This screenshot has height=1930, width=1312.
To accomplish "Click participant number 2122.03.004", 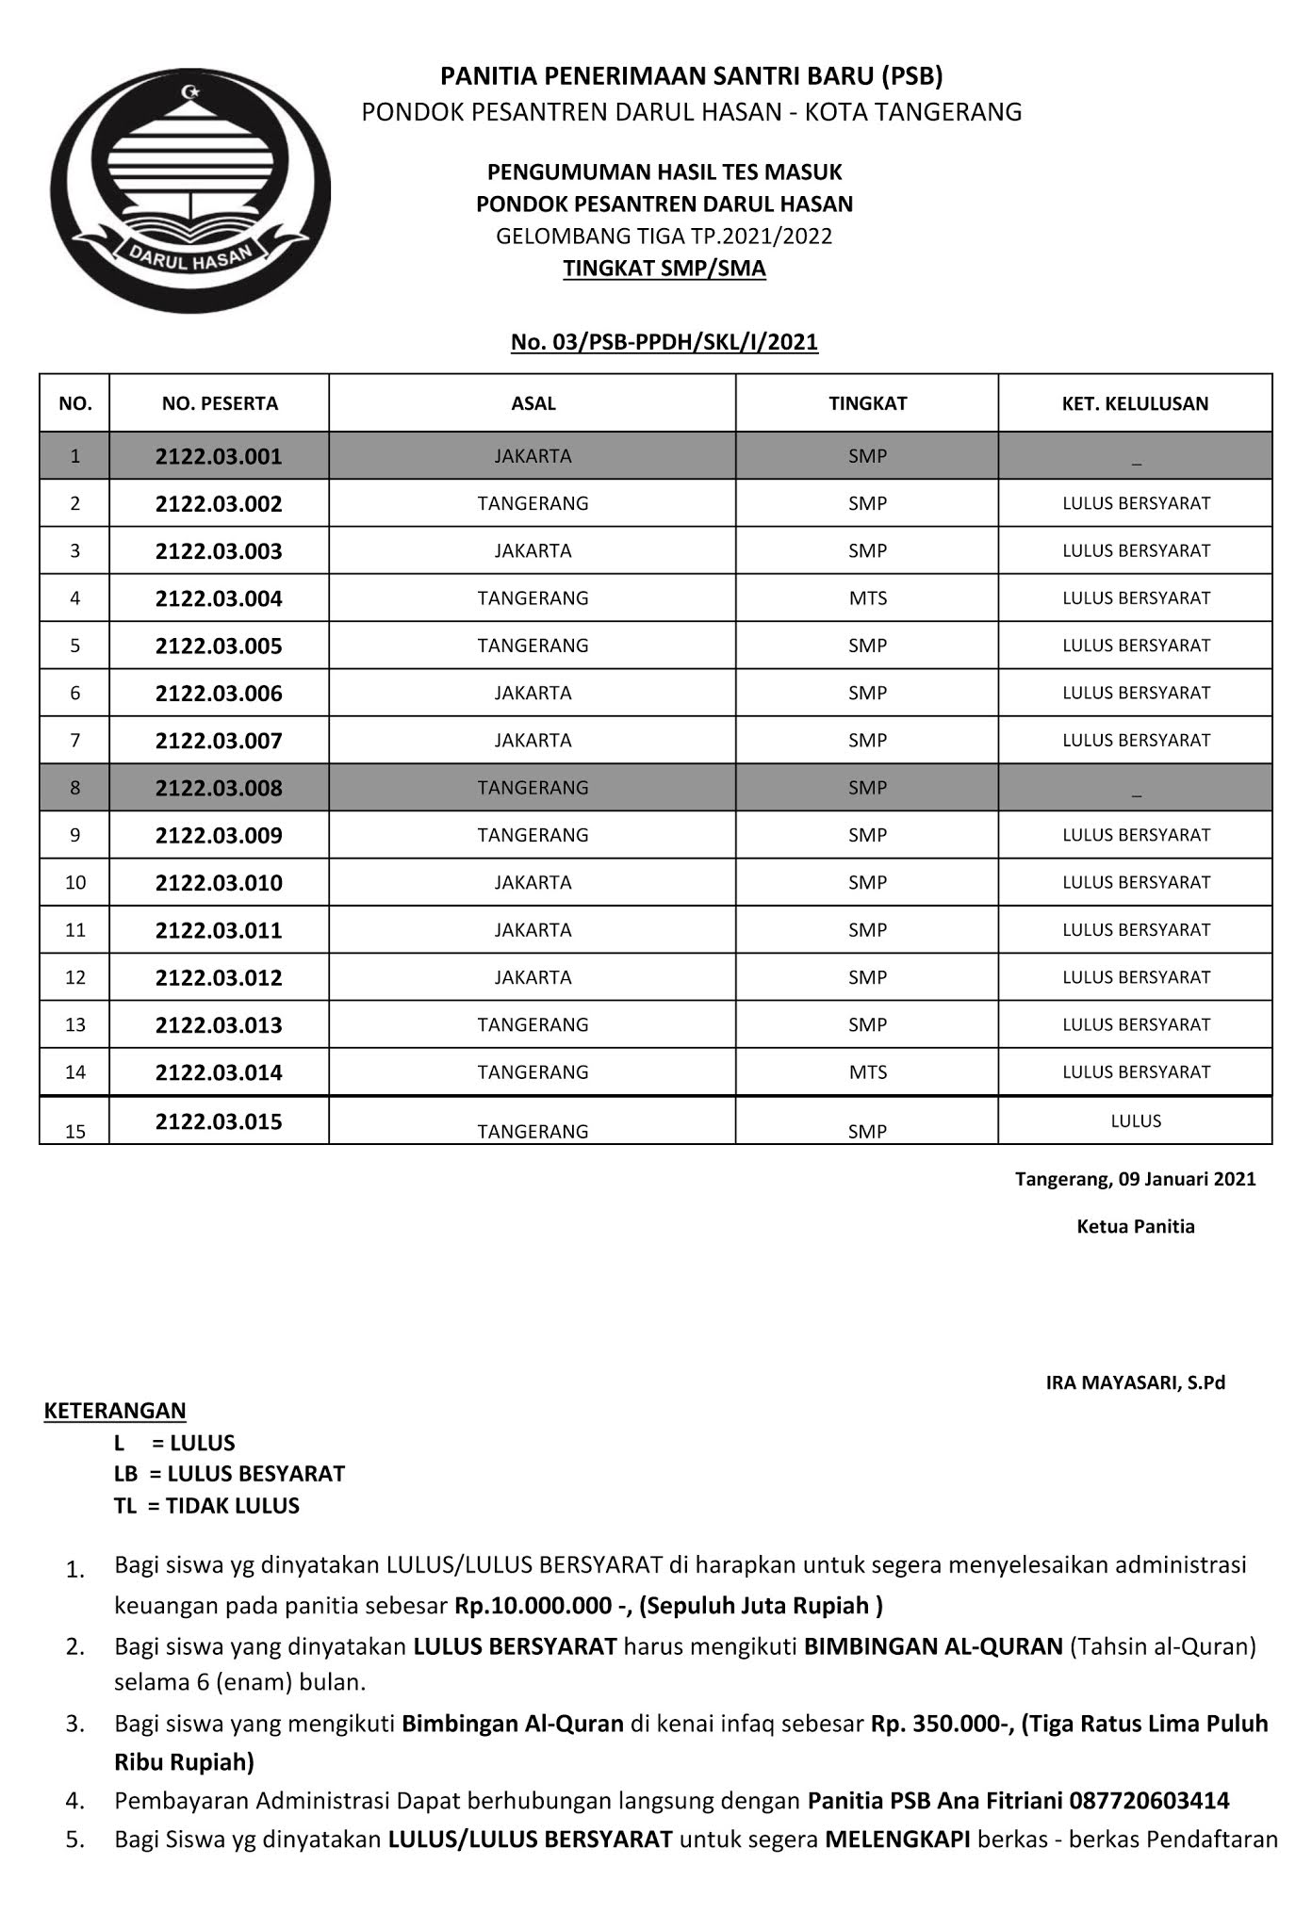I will coord(219,598).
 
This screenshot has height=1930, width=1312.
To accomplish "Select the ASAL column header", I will coord(533,403).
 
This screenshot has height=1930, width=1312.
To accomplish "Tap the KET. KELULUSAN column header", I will coord(1135,403).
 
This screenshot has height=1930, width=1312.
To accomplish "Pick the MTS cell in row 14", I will coord(867,1072).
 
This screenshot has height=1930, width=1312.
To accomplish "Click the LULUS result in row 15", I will coord(1135,1121).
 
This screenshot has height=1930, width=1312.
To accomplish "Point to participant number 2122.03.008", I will coord(219,788).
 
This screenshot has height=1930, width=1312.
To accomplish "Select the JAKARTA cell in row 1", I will coord(533,456).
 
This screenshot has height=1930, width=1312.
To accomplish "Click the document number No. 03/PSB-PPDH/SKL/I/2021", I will coord(664,342).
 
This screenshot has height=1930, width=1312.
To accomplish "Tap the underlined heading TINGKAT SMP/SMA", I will coord(664,269).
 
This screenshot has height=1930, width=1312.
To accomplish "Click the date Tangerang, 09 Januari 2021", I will coord(1135,1179).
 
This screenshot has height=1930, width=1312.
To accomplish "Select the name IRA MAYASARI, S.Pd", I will coord(1135,1383).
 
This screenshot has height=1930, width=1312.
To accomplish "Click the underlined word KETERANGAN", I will coord(115,1411).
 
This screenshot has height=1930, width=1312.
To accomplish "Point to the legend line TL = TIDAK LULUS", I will coord(206,1506).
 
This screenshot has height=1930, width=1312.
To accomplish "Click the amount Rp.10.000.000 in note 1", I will coord(531,1605).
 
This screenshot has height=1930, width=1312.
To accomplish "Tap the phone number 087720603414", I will coord(1148,1801).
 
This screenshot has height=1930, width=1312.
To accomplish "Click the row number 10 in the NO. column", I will coord(75,883).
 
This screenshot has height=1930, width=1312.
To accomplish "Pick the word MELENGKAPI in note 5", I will coord(896,1840).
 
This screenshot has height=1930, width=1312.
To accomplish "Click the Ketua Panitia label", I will coord(1135,1227).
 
